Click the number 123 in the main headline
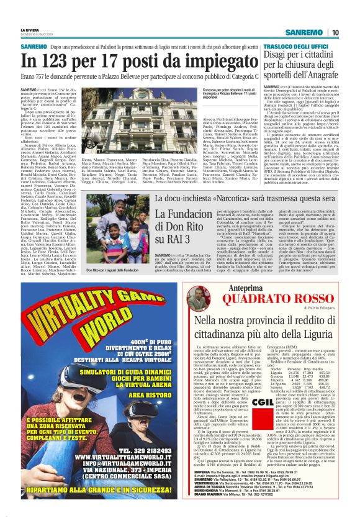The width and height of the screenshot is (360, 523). [60, 61]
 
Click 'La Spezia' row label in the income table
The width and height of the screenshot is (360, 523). [274, 387]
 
